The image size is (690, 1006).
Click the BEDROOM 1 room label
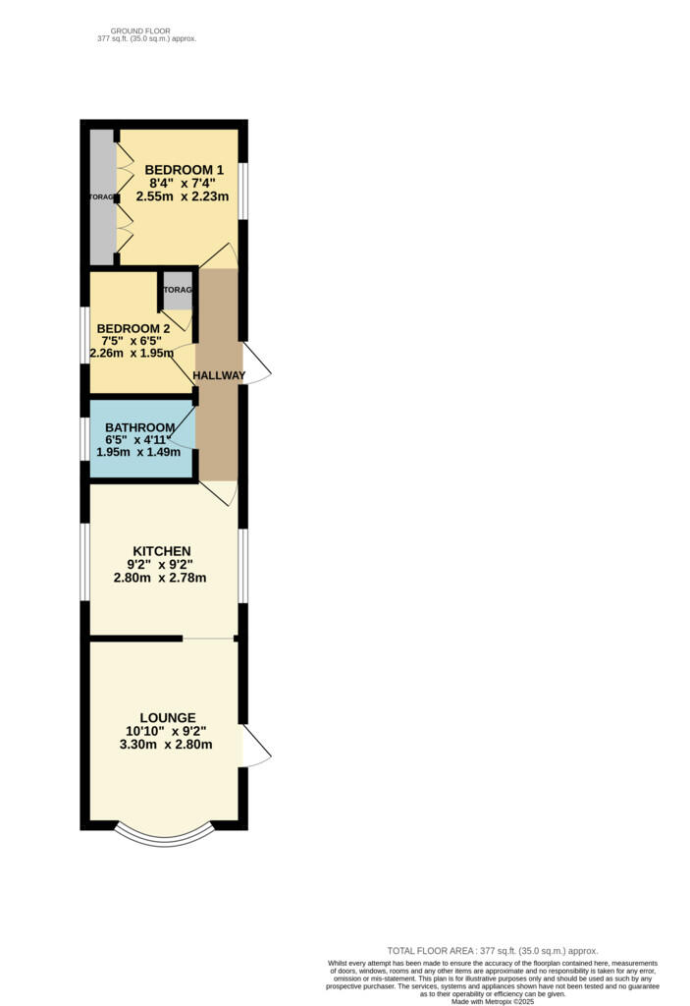point(179,169)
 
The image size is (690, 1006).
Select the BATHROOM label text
point(140,427)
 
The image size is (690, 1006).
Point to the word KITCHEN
point(162,550)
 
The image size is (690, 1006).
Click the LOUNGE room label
point(167,717)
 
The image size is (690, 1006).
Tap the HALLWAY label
point(219,375)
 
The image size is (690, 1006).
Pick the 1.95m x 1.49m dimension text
point(140,452)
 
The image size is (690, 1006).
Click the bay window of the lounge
point(163,833)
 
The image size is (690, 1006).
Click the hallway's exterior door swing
point(255,364)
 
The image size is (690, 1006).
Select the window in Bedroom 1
point(243,187)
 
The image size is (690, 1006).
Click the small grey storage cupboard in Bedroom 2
point(178,291)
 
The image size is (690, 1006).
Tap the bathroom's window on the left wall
point(84,438)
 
